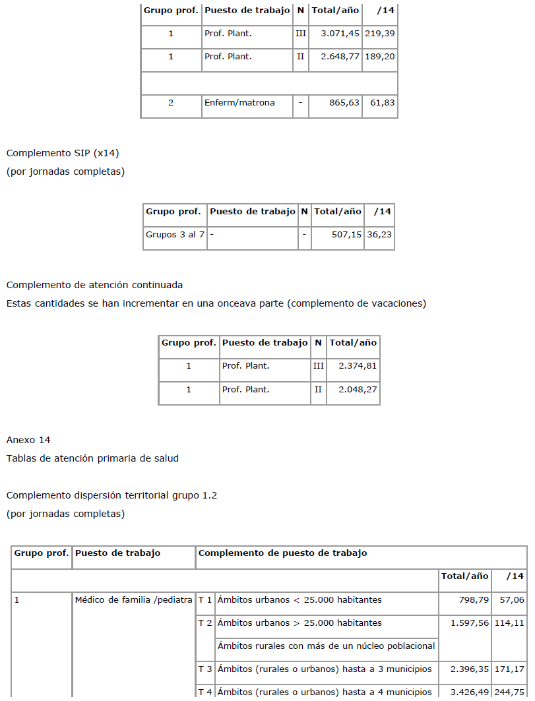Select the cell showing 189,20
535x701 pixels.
coord(380,57)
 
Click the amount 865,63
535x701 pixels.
coord(344,103)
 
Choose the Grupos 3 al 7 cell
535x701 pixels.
coord(175,235)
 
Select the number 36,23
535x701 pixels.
coord(379,235)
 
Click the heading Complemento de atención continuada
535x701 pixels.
coord(94,285)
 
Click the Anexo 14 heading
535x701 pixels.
coord(28,440)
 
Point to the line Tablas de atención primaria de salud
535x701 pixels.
coord(92,458)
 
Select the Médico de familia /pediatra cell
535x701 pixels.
coord(133,600)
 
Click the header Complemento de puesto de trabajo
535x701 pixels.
coord(282,553)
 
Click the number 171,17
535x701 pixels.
coord(509,669)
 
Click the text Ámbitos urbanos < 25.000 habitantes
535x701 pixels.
coord(299,600)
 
